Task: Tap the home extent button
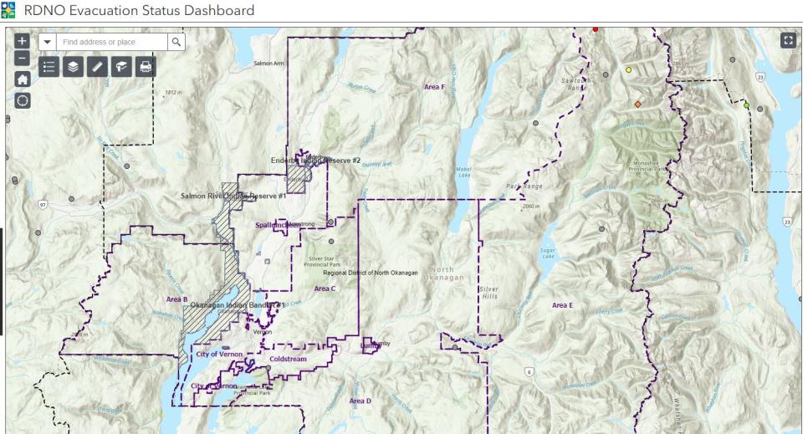point(23,79)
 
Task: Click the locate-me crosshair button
point(23,100)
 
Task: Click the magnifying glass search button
point(176,41)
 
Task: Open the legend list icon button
point(49,68)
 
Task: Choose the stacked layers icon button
point(73,68)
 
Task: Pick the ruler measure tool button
point(97,68)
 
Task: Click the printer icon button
point(146,68)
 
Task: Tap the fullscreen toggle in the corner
point(787,40)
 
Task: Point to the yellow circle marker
point(629,70)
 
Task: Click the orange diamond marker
point(637,104)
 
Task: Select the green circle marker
point(746,105)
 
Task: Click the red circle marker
point(596,29)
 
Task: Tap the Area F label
point(433,87)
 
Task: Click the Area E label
point(562,305)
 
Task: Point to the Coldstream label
point(288,360)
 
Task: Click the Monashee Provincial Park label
point(651,166)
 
